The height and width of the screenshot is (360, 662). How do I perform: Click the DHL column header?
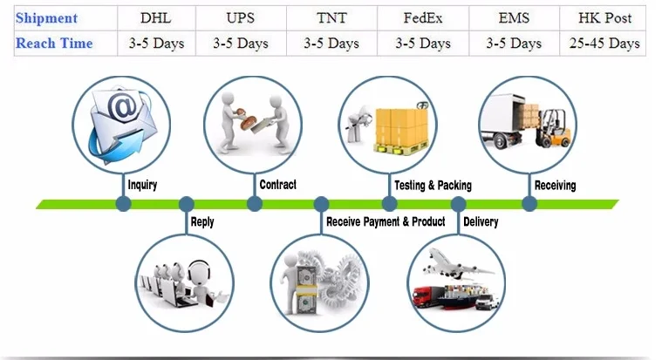(155, 17)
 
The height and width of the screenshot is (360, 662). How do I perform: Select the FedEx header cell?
(423, 17)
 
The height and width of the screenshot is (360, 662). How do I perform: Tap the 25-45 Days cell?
(605, 43)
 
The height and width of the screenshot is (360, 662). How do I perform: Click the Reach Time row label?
(54, 43)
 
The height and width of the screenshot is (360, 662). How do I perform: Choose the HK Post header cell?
(605, 17)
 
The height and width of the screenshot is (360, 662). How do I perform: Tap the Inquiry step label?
(142, 185)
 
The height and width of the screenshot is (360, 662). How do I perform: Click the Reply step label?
(201, 222)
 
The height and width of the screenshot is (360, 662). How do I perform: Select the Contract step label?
(277, 185)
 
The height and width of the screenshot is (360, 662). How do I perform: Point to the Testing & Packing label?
(433, 185)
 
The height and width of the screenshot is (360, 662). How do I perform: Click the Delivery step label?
(481, 222)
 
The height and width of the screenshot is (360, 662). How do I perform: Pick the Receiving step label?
(555, 185)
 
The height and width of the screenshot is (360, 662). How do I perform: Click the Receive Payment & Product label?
(386, 222)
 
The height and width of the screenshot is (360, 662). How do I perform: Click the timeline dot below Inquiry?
(123, 204)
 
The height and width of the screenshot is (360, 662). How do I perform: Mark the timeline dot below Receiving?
(529, 204)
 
